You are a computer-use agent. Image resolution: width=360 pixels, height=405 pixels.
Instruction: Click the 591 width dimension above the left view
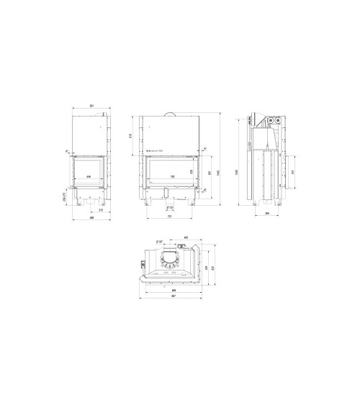tap(91, 107)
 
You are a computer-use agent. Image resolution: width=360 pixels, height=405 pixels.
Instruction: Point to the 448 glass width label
tap(89, 176)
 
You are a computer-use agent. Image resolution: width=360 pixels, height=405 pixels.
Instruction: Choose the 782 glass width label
tap(171, 176)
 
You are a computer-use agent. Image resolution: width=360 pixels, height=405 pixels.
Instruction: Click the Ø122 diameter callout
tap(171, 207)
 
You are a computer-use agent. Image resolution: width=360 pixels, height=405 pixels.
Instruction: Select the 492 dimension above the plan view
tap(185, 238)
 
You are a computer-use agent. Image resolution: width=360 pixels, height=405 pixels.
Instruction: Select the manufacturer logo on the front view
tap(153, 150)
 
